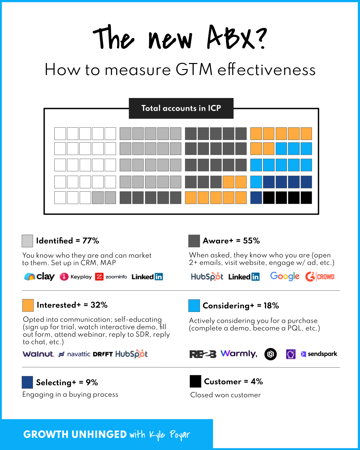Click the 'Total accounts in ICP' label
[x=181, y=108]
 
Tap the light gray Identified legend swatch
[x=27, y=241]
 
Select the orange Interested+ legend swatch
[x=28, y=305]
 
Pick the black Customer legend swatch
[x=195, y=381]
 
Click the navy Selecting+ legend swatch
[x=27, y=382]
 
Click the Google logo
[x=285, y=276]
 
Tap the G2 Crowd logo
[x=320, y=277]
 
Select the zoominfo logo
[x=111, y=277]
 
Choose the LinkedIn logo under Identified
[x=147, y=277]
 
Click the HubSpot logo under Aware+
[x=207, y=277]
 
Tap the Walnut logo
[x=38, y=354]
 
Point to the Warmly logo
[x=239, y=354]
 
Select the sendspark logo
[x=319, y=354]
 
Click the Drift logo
[x=103, y=354]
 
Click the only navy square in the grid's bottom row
[x=256, y=198]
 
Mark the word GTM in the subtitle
[x=194, y=70]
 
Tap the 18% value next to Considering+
[x=271, y=306]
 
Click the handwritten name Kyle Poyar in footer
[x=169, y=435]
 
